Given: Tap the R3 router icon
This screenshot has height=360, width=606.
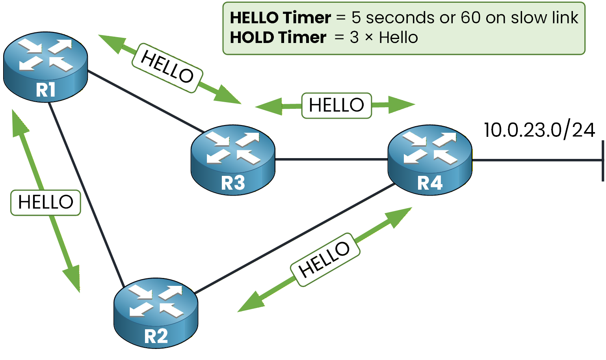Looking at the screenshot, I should pyautogui.click(x=233, y=160).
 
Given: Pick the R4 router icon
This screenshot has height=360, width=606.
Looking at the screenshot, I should pyautogui.click(x=429, y=160).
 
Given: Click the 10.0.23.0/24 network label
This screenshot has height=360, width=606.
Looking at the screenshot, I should pyautogui.click(x=539, y=130).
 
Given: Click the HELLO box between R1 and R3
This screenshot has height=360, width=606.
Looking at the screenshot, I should pyautogui.click(x=167, y=68).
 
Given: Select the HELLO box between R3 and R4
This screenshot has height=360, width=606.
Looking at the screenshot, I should pyautogui.click(x=336, y=106).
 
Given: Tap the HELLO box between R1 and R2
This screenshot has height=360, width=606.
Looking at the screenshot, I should pyautogui.click(x=46, y=203).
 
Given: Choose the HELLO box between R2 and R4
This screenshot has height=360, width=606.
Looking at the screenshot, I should pyautogui.click(x=325, y=259).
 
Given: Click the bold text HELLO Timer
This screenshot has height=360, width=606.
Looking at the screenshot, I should pyautogui.click(x=280, y=18).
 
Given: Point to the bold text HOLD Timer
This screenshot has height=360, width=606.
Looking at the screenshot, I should pyautogui.click(x=278, y=38).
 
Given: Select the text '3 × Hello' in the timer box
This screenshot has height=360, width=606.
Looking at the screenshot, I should pyautogui.click(x=384, y=38).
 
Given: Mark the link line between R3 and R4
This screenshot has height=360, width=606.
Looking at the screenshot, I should pyautogui.click(x=331, y=160).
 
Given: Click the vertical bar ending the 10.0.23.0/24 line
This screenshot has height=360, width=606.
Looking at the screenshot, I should pyautogui.click(x=602, y=160).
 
